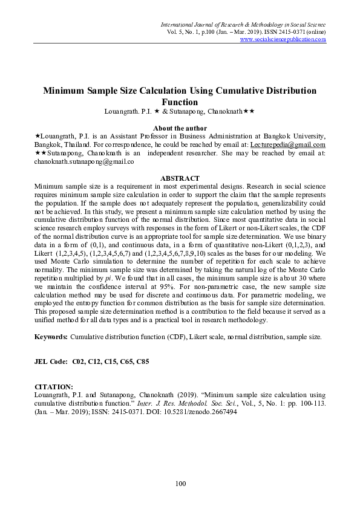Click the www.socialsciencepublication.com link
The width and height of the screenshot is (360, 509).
tap(283, 39)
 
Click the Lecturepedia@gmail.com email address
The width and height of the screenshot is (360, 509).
tap(292, 145)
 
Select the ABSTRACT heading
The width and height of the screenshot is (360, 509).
tap(180, 178)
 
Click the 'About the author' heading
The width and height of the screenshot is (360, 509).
tap(180, 128)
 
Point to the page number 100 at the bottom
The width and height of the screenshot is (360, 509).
tap(180, 483)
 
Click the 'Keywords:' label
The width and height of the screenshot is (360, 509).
tap(51, 336)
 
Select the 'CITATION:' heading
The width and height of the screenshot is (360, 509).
tap(54, 386)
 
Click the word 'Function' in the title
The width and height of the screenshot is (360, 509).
tap(180, 102)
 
